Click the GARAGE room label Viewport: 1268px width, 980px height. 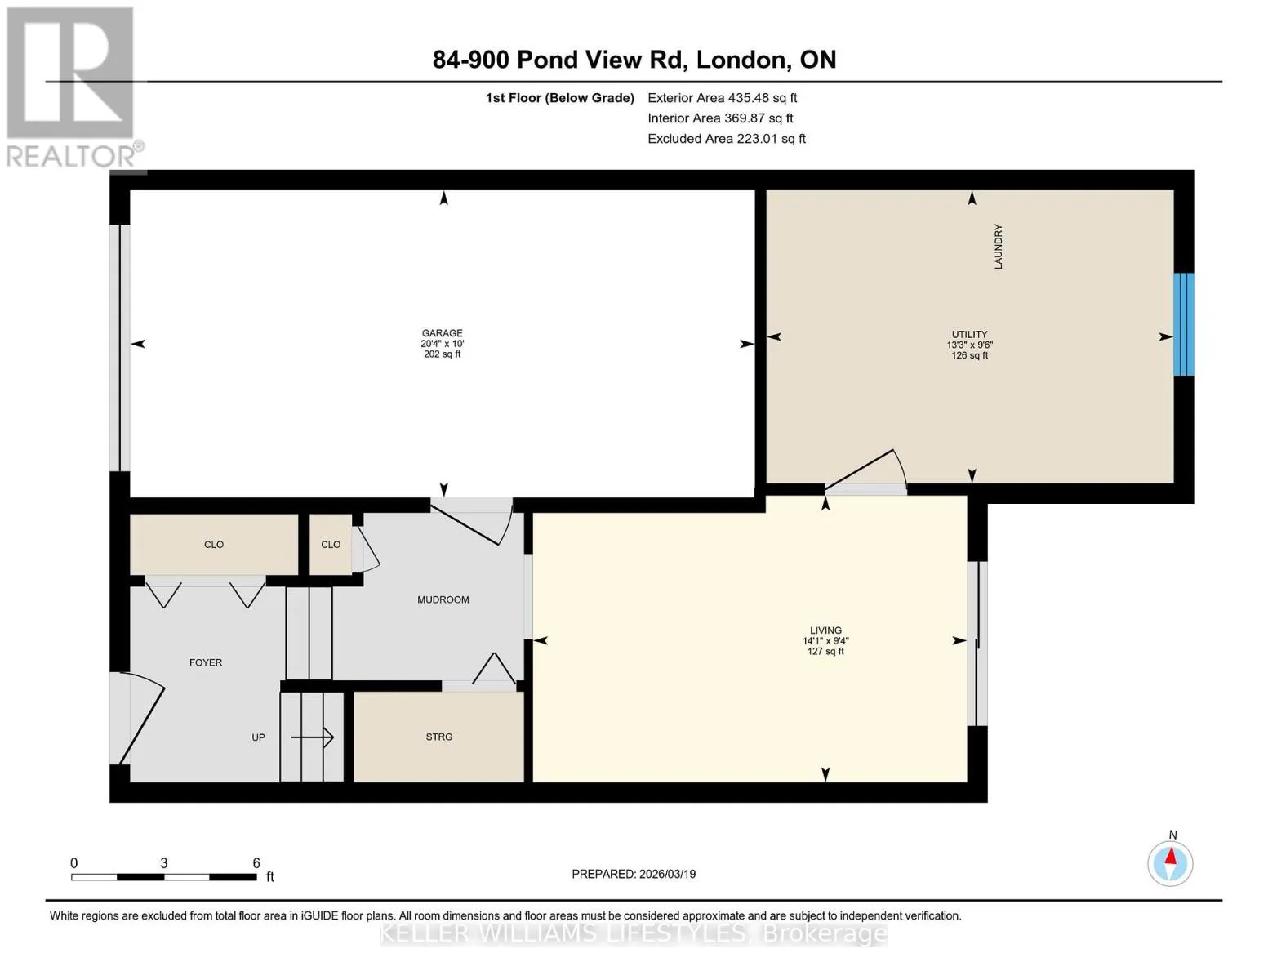(x=442, y=332)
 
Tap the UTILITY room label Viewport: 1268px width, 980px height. (x=969, y=335)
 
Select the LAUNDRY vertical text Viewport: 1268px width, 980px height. (x=998, y=247)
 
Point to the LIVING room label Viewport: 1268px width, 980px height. (x=825, y=630)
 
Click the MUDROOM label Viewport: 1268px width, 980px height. (x=443, y=599)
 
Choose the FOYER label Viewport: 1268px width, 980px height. (x=206, y=662)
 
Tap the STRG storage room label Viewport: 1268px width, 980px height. (x=438, y=737)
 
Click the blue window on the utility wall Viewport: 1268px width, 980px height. (x=1183, y=324)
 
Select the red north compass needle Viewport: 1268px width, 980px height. (x=1170, y=856)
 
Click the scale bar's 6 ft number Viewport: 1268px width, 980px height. (x=256, y=862)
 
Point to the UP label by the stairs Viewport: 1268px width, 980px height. (x=258, y=737)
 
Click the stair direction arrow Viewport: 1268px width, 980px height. (x=312, y=737)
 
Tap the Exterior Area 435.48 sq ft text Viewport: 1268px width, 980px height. (x=722, y=98)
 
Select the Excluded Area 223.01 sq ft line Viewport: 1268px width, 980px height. (x=727, y=139)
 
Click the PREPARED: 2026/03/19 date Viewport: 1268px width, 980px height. (x=634, y=874)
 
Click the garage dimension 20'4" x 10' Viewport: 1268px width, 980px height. (x=442, y=343)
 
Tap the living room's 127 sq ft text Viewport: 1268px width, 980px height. (x=825, y=652)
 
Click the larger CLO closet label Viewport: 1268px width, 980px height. (x=214, y=544)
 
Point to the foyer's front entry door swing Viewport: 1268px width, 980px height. (x=142, y=718)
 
